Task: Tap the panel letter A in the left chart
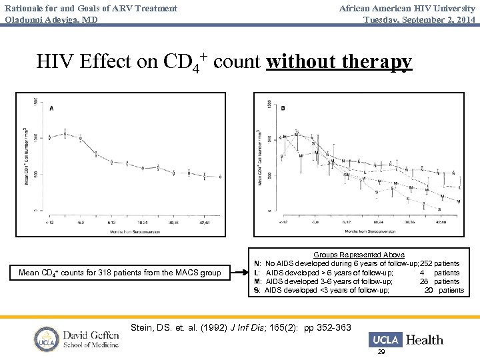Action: coord(51,108)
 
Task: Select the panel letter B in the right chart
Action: coord(283,107)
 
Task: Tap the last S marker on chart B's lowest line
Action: coord(439,209)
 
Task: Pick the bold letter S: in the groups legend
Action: coord(257,290)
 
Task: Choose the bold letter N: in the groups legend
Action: coord(257,264)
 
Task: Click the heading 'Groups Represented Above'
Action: coord(359,255)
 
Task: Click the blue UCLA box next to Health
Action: coord(385,339)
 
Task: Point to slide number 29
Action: coord(381,351)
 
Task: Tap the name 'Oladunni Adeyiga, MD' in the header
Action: coord(51,19)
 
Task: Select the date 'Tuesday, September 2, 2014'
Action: coord(419,19)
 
